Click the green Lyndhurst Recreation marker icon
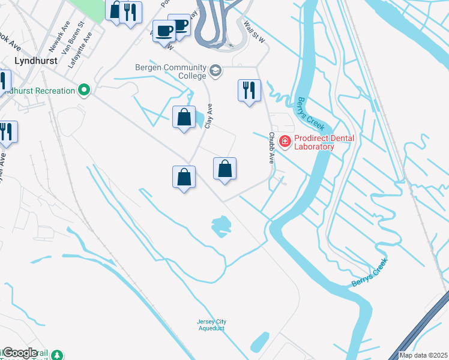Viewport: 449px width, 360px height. [84, 91]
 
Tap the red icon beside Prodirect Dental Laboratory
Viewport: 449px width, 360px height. [285, 142]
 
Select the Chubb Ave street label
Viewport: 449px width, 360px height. [271, 148]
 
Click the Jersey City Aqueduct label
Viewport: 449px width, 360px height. [211, 325]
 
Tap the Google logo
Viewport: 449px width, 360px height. [20, 353]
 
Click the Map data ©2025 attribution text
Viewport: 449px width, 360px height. [423, 355]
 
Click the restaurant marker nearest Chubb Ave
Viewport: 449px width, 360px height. [249, 91]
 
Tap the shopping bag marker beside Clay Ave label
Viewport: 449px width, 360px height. [184, 117]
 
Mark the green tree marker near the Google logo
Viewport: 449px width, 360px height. [57, 355]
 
